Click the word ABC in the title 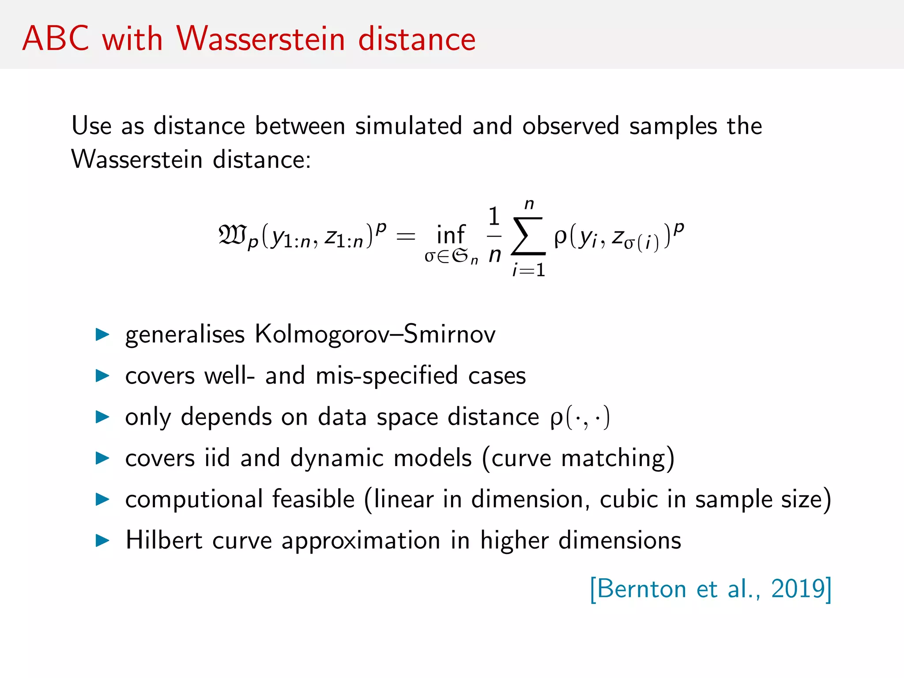pyautogui.click(x=56, y=39)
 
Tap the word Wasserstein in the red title pyautogui.click(x=260, y=39)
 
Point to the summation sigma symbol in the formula pyautogui.click(x=528, y=236)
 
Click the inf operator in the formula pyautogui.click(x=451, y=234)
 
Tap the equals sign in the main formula pyautogui.click(x=406, y=237)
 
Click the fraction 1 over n pyautogui.click(x=494, y=236)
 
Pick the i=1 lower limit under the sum pyautogui.click(x=529, y=270)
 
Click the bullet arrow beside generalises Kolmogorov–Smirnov pyautogui.click(x=102, y=335)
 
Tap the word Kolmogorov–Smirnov pyautogui.click(x=375, y=334)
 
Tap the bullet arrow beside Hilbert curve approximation pyautogui.click(x=102, y=540)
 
